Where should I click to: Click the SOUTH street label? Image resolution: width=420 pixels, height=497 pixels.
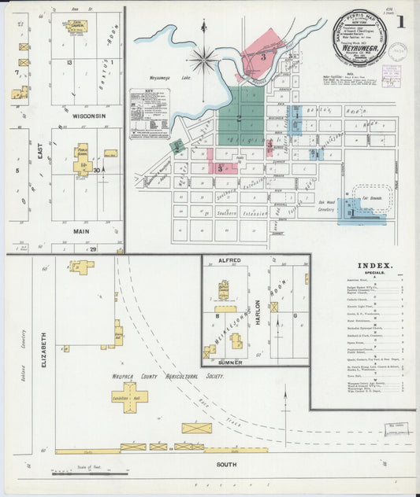[226, 465]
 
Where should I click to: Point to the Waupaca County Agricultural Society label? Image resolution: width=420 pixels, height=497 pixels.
[168, 376]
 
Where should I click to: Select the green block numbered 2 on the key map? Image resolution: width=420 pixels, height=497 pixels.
[240, 114]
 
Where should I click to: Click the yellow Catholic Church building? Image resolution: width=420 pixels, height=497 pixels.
[76, 26]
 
